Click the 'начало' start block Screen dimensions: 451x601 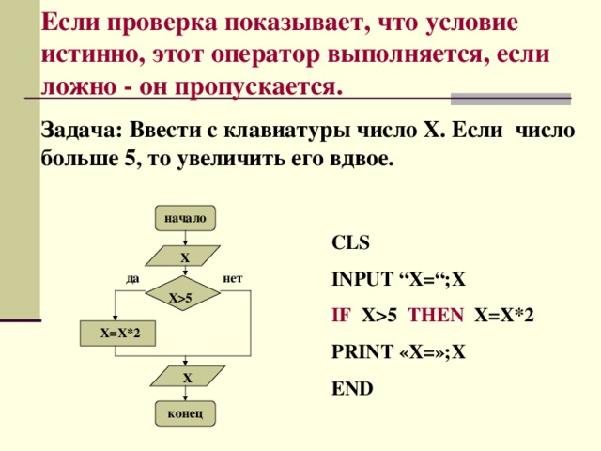tap(185, 218)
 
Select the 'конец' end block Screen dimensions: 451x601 tap(185, 414)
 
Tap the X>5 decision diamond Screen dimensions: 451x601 tap(185, 297)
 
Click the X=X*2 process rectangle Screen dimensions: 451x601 tap(116, 334)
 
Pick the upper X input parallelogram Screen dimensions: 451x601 tap(185, 257)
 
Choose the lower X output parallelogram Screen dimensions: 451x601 tap(187, 377)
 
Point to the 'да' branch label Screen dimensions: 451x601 tap(132, 278)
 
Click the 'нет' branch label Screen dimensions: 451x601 tap(234, 278)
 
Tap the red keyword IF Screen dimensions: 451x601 tap(342, 316)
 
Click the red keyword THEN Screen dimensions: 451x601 tap(438, 316)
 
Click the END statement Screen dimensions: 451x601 tap(352, 388)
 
